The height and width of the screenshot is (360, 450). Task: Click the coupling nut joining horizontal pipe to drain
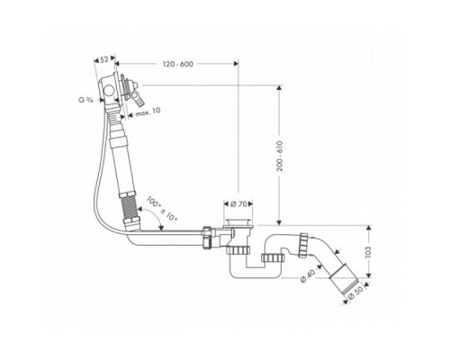coord(210,238)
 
